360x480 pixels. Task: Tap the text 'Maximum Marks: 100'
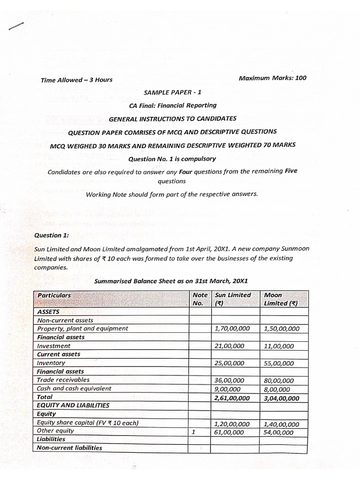click(x=272, y=78)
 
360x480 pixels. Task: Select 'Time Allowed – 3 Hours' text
click(x=76, y=80)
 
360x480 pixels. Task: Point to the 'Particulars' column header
click(x=54, y=295)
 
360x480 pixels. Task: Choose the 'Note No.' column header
click(x=200, y=299)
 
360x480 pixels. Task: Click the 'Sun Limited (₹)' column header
click(x=232, y=299)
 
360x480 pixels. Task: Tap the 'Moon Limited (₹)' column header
click(x=280, y=299)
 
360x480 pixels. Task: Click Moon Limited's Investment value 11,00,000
click(x=279, y=346)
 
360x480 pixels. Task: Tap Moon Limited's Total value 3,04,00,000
click(x=281, y=398)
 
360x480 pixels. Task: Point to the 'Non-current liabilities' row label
click(x=69, y=448)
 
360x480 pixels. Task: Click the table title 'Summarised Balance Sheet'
click(x=171, y=281)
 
